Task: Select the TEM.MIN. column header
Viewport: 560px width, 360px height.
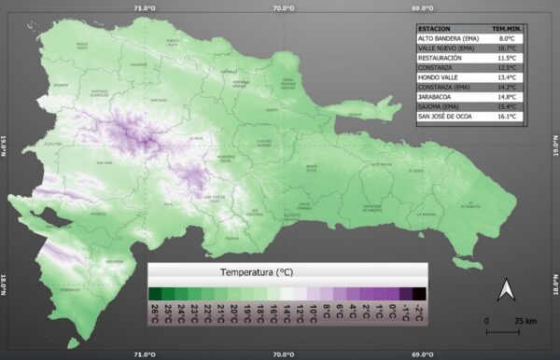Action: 520,28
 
